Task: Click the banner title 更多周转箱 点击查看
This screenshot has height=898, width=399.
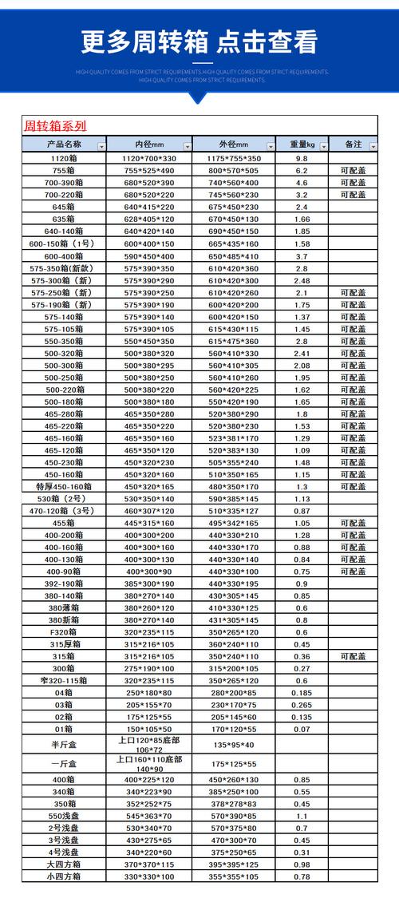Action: (199, 42)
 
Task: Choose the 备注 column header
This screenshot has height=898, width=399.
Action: (354, 144)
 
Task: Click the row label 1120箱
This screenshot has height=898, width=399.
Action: (64, 159)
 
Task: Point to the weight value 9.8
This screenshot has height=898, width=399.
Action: (302, 159)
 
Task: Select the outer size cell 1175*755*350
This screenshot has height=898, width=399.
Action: (234, 159)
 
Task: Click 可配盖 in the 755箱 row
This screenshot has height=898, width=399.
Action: (353, 171)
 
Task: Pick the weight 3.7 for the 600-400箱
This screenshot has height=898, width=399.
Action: (302, 256)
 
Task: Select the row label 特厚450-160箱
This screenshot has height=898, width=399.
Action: (64, 486)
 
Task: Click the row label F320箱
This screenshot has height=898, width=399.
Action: (64, 631)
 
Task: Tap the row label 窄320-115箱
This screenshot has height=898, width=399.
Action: (64, 680)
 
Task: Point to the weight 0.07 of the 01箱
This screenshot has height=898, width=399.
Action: (302, 729)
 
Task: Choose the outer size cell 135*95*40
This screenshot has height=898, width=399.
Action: (234, 745)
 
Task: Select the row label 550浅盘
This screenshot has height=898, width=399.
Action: (64, 816)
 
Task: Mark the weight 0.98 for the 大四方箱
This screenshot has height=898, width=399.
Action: (302, 864)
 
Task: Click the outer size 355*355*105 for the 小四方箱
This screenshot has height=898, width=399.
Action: (234, 876)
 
